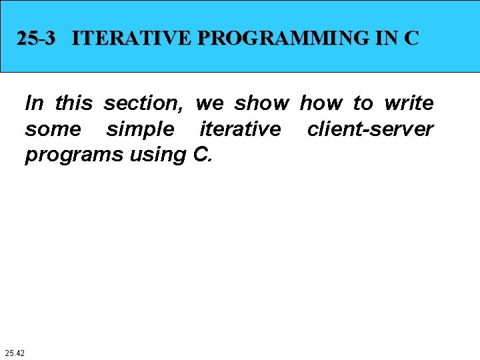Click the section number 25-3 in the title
point(37,39)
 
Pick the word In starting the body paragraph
point(35,103)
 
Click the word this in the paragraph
point(74,103)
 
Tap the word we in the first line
point(210,103)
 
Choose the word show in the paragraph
point(262,103)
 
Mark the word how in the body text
point(321,103)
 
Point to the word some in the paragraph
point(53,129)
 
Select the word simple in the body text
point(139,129)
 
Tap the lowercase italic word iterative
point(240,129)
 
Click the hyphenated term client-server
point(370,129)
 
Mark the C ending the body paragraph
point(203,154)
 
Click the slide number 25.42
point(14,352)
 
